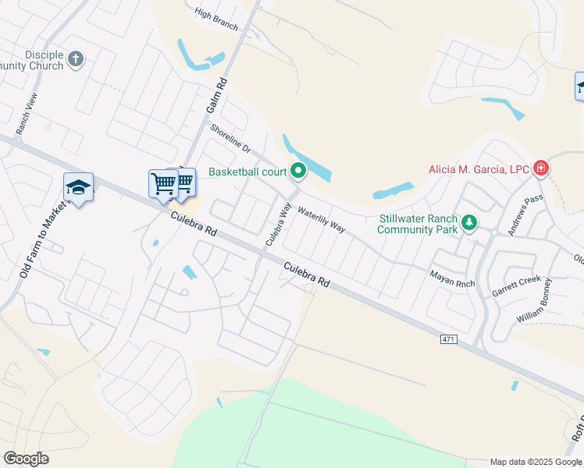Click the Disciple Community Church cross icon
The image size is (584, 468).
point(76,58)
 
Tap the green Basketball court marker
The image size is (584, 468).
point(297,169)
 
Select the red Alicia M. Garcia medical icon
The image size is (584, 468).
point(540,168)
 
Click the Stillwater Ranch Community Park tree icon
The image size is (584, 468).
point(468,224)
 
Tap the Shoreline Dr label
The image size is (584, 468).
point(230,140)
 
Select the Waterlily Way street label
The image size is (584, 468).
point(321,220)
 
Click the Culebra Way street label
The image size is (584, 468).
point(278,225)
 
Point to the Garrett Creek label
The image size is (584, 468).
point(516,285)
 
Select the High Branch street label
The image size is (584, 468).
point(216,19)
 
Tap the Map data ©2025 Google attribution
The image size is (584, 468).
point(535,462)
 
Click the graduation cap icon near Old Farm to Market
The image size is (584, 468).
point(78,186)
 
